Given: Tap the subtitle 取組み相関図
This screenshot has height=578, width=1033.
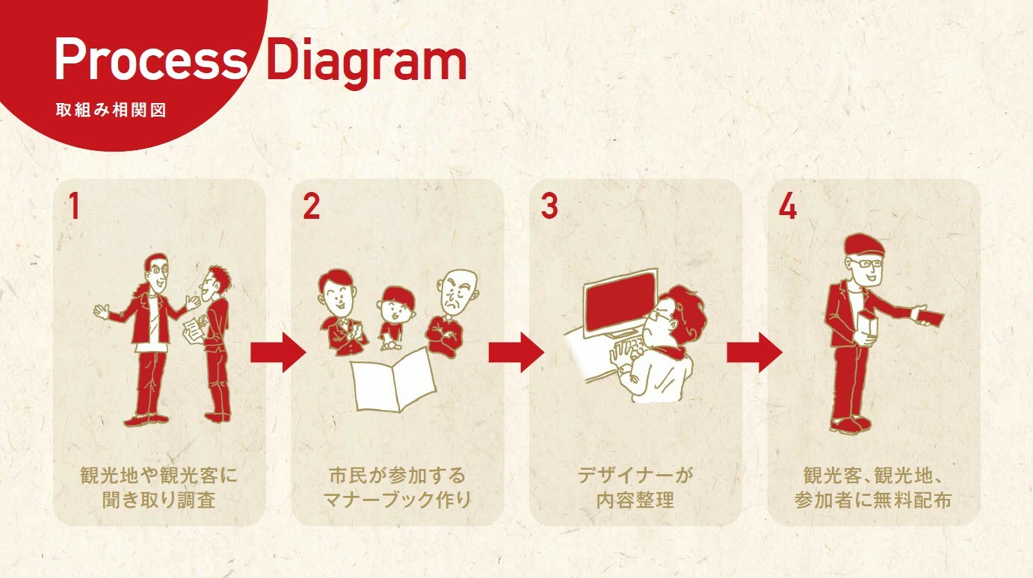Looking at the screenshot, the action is (x=111, y=110).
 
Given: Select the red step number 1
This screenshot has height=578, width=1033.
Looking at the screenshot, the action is (x=73, y=207).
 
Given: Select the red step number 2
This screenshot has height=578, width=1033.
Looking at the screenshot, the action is (x=311, y=207).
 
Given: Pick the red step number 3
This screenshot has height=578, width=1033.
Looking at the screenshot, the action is (x=549, y=207).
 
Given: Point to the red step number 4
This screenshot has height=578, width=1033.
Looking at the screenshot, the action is (x=788, y=207).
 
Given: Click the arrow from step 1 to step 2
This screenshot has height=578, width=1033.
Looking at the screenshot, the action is (x=278, y=351).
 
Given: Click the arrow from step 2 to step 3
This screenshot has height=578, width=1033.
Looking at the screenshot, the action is (x=516, y=351).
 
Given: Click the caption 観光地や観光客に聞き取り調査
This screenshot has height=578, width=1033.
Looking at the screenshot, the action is (x=158, y=487).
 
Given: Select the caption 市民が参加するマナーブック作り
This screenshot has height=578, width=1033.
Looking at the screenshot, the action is (x=397, y=487).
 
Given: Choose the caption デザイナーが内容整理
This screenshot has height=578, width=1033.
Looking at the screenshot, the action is (x=635, y=487).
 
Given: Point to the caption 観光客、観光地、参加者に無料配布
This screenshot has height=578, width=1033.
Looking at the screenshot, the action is (x=873, y=487).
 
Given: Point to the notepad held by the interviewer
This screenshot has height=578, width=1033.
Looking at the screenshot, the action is (x=194, y=327).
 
